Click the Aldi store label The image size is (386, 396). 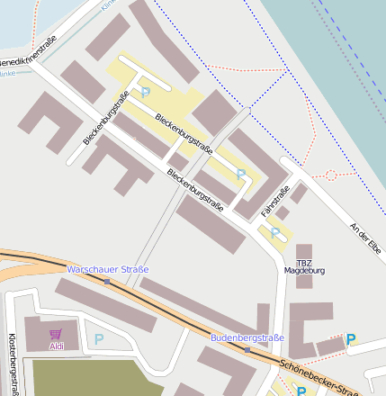click(x=57, y=346)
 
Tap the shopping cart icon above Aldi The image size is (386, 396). click(x=56, y=333)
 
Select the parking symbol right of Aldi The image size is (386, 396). click(x=99, y=339)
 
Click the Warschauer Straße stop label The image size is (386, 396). click(x=108, y=269)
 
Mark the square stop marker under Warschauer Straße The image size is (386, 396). click(x=107, y=282)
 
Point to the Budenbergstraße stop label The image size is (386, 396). click(x=247, y=337)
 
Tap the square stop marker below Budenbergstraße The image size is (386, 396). click(x=247, y=349)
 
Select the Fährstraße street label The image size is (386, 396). click(x=275, y=200)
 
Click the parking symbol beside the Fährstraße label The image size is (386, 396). click(x=275, y=233)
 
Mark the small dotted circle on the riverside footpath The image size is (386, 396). click(x=330, y=174)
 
